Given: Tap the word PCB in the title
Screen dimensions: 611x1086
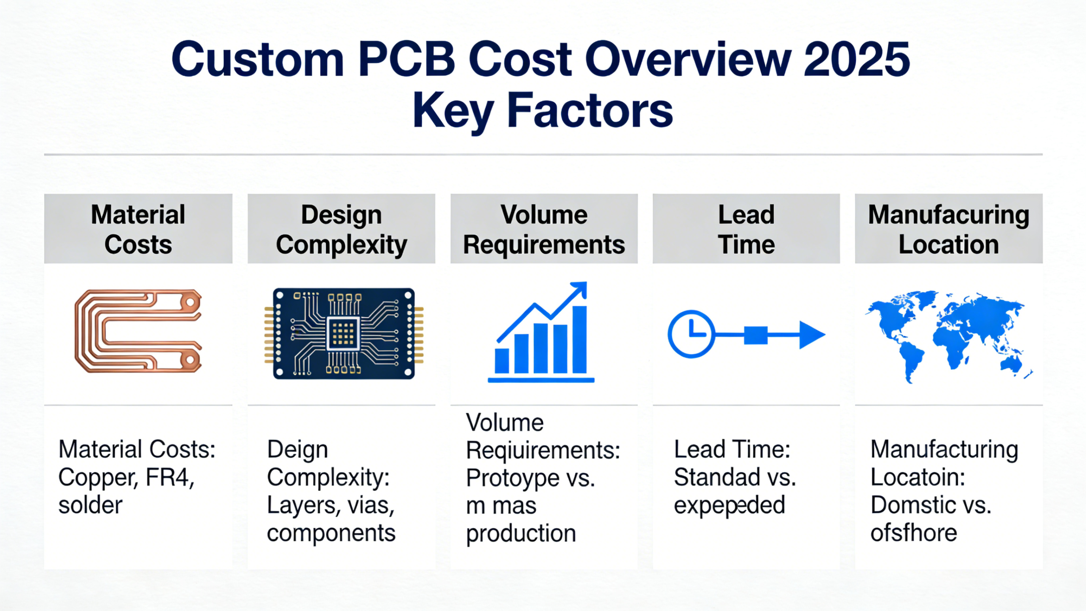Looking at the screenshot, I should click(x=406, y=59).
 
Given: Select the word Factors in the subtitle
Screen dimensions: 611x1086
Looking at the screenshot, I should click(x=590, y=111).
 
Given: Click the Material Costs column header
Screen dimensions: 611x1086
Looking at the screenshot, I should click(x=138, y=229).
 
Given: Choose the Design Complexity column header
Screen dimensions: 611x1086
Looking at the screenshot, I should click(x=341, y=229).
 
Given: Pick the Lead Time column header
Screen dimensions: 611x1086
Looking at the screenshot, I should click(x=746, y=229).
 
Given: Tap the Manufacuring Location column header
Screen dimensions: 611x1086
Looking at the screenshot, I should click(x=949, y=229).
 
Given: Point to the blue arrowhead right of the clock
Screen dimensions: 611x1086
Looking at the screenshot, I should click(x=811, y=335).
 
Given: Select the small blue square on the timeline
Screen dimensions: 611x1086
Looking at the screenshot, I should click(x=756, y=335).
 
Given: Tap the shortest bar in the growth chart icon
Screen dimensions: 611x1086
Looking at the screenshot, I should click(x=502, y=360).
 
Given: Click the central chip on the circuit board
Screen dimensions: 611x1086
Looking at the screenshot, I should click(x=343, y=333).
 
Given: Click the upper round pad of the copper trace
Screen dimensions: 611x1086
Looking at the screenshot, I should click(x=190, y=302).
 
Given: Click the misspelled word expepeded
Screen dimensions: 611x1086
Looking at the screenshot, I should click(x=729, y=506).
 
